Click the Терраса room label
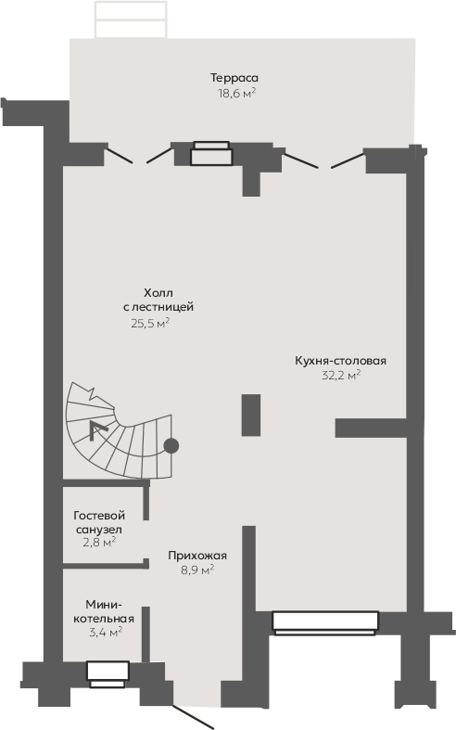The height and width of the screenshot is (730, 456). tap(234, 78)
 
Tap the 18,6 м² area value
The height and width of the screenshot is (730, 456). tap(237, 93)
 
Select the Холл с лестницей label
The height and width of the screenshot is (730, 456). tap(158, 300)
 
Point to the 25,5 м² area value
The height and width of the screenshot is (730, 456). tap(150, 323)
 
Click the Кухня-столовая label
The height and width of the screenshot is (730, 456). tap(340, 361)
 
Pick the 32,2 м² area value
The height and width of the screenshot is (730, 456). tap(341, 376)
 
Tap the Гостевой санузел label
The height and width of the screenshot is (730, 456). tap(99, 522)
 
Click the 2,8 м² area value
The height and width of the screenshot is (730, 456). tap(99, 542)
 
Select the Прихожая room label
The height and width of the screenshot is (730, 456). tap(197, 556)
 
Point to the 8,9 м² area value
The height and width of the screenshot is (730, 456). tap(197, 570)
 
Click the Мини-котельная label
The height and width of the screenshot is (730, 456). tap(104, 611)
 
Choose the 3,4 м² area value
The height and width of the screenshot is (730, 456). tap(106, 632)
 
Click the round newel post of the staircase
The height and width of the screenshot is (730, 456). tap(171, 446)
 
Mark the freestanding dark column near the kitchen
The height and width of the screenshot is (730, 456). tap(251, 416)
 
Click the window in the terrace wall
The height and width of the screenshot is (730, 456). tap(211, 153)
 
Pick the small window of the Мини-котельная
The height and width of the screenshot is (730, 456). tap(108, 674)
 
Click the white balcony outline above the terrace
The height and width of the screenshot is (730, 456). tap(131, 19)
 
